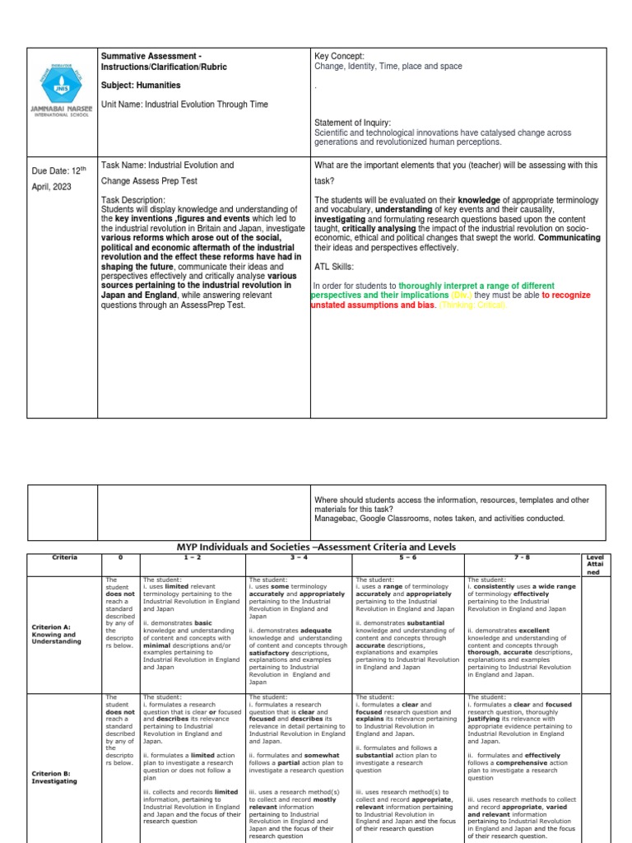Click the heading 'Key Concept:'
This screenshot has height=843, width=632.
340,57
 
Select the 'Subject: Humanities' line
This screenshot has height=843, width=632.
142,85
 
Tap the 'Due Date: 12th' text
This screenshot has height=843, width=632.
58,170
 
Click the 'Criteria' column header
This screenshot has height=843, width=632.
64,557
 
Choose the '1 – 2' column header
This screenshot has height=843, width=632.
193,557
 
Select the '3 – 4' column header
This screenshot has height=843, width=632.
299,557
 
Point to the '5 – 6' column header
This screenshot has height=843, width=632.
407,557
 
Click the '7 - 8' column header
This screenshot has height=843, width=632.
523,557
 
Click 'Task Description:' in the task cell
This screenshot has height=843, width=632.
132,200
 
